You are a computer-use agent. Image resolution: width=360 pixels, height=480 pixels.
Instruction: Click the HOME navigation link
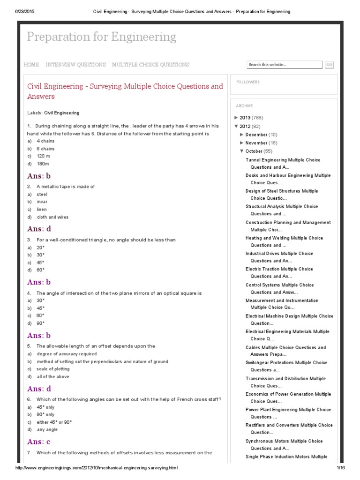[x=31, y=65]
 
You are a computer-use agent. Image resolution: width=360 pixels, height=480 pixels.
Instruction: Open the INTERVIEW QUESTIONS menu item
[x=75, y=65]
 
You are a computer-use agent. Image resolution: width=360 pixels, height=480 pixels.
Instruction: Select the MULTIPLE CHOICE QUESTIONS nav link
[x=150, y=65]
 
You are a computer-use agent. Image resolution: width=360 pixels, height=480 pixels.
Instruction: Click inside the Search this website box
[x=284, y=65]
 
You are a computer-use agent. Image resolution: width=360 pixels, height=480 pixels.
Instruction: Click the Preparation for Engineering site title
[x=101, y=37]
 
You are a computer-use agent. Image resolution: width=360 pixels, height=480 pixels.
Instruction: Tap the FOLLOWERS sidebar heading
[x=248, y=82]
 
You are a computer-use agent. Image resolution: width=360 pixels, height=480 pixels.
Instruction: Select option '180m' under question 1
[x=43, y=164]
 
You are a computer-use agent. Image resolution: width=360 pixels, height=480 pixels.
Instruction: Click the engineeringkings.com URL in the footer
[x=97, y=468]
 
